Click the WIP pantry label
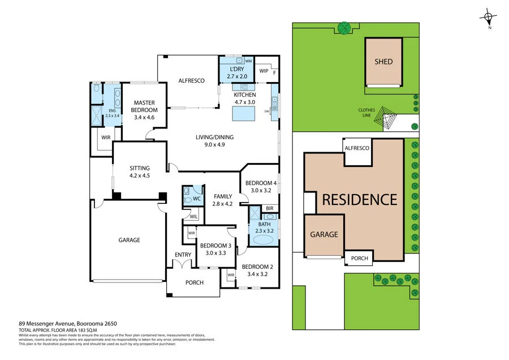coord(263,71)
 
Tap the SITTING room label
coord(140,172)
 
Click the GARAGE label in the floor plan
coord(129,240)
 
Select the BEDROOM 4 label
coord(261,187)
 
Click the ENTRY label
coord(183,255)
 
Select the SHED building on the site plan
coord(383,62)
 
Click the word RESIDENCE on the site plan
coord(360,199)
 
